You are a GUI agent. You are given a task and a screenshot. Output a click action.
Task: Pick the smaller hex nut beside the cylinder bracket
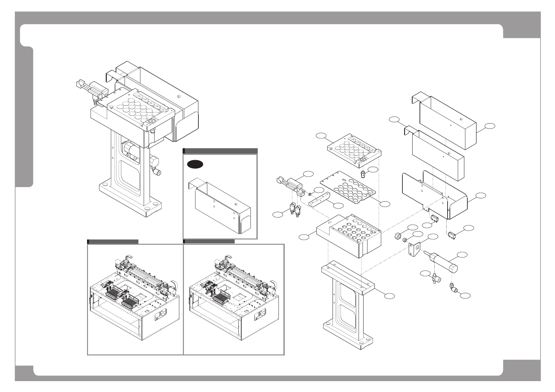click(405, 239)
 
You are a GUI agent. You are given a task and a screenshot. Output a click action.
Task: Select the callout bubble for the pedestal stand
click(390, 296)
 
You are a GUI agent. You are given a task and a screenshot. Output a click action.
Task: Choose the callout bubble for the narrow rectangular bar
click(338, 206)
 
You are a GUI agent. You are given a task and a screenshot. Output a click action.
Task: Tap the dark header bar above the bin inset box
click(220, 151)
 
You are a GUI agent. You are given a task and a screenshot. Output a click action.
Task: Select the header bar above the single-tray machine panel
click(209, 241)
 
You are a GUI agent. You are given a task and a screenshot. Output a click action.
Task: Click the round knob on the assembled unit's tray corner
click(152, 121)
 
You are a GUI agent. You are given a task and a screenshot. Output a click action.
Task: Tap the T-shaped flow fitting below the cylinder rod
click(435, 279)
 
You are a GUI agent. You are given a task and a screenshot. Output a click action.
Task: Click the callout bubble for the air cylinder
click(463, 254)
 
